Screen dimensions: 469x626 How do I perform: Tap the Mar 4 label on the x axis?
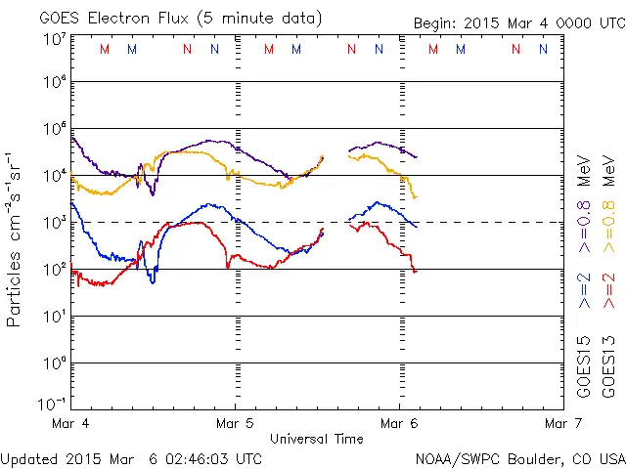tap(70, 424)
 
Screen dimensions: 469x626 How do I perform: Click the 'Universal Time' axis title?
tap(316, 439)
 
